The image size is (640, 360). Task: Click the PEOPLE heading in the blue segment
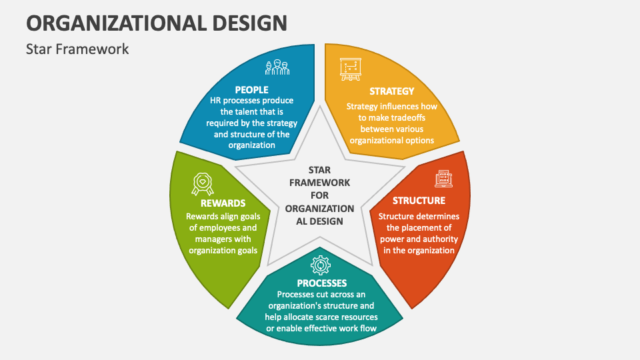tap(251, 90)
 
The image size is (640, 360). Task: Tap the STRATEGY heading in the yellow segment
tap(392, 91)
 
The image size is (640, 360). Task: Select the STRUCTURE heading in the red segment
tap(419, 201)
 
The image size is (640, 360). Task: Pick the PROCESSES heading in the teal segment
tap(321, 283)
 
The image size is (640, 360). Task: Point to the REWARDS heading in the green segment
tap(223, 203)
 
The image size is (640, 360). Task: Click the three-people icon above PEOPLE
tap(277, 67)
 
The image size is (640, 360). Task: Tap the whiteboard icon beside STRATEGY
tap(351, 69)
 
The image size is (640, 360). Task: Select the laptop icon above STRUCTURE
tap(444, 179)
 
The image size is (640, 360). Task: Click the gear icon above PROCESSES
tap(321, 265)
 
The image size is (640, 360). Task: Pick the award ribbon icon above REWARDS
tap(203, 184)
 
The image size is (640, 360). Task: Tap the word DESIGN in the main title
tap(250, 23)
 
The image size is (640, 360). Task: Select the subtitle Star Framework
tap(77, 49)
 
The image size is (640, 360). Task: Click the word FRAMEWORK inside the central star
tap(319, 183)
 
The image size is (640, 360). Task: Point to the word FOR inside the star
tap(319, 195)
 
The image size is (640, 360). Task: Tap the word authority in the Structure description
tap(440, 239)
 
